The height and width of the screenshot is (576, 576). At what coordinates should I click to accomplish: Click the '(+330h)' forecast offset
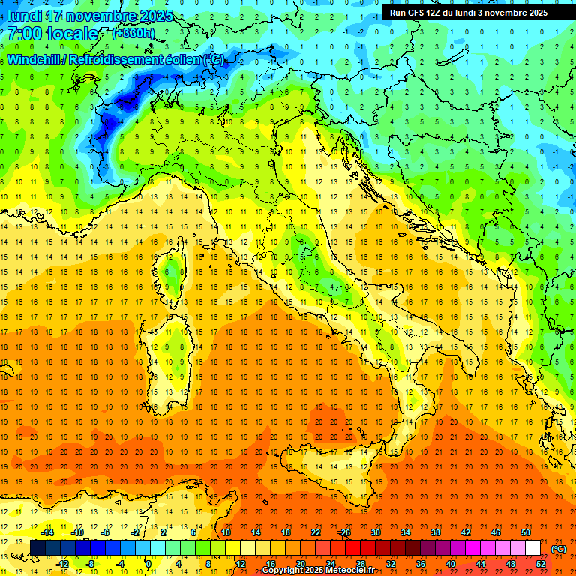point(133,34)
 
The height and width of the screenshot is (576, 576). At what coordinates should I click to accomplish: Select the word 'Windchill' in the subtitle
point(34,59)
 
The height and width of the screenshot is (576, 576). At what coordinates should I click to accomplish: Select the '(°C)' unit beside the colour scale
point(558,549)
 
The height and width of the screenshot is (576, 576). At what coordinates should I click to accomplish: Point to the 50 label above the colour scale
point(525,532)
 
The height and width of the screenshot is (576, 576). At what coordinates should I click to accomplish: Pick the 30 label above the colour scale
point(375,532)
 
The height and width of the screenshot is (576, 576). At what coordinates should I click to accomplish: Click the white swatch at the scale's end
point(532,547)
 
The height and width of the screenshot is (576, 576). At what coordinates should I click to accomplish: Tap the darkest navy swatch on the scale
point(37,547)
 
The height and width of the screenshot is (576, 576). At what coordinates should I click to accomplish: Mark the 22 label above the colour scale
point(315,532)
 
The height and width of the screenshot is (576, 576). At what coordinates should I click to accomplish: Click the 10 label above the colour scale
point(225,532)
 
